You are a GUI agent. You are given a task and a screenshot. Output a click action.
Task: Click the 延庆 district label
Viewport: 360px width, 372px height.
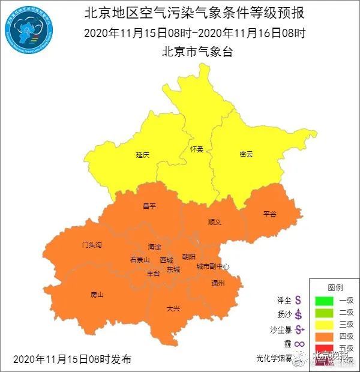[142, 154]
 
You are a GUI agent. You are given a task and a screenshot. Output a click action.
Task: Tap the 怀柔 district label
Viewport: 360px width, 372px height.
[196, 149]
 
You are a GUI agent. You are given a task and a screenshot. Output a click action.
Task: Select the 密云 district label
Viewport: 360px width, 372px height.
[246, 154]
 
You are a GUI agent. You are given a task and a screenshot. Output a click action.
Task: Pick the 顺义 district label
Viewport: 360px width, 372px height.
[215, 221]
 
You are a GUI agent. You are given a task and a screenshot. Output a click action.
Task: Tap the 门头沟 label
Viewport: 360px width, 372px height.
[92, 245]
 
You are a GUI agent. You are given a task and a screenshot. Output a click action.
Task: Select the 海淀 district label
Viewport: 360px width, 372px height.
[154, 247]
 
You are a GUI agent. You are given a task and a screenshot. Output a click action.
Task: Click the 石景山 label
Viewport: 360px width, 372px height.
[139, 260]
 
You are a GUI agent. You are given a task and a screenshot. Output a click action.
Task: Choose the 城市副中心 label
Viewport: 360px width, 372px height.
[212, 266]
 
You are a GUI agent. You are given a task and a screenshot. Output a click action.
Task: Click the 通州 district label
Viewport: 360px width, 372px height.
[218, 283]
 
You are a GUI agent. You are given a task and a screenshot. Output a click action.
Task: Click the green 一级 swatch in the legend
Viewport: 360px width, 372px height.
[325, 299]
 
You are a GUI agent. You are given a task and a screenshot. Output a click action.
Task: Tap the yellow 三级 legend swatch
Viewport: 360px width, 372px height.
[325, 324]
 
